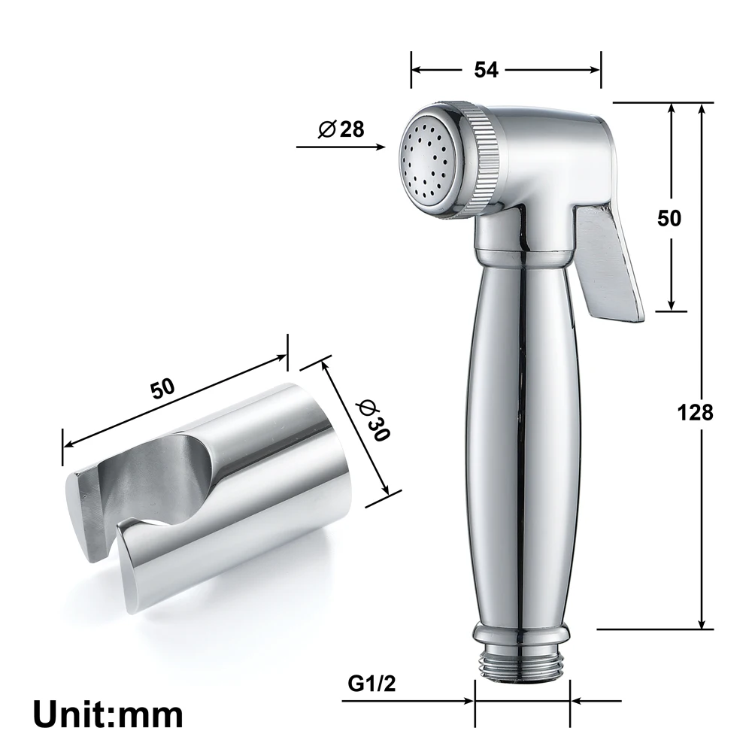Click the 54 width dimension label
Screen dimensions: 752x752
pyautogui.click(x=487, y=69)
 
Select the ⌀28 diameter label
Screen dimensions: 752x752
pyautogui.click(x=341, y=129)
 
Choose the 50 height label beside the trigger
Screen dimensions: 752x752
pyautogui.click(x=669, y=218)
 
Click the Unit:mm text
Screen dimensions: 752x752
pyautogui.click(x=108, y=711)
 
